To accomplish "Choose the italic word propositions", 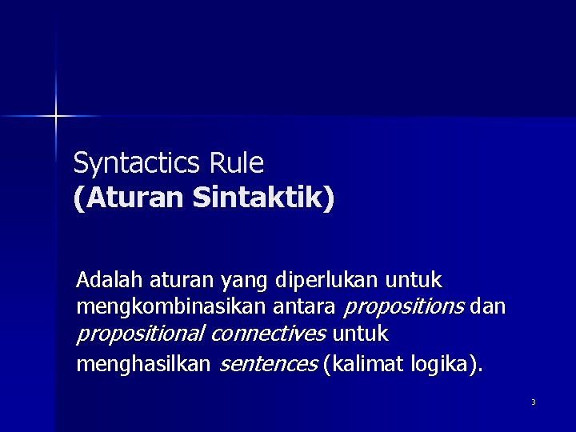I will [x=405, y=307].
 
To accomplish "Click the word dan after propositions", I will [x=489, y=307].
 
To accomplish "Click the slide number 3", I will [x=533, y=402].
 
